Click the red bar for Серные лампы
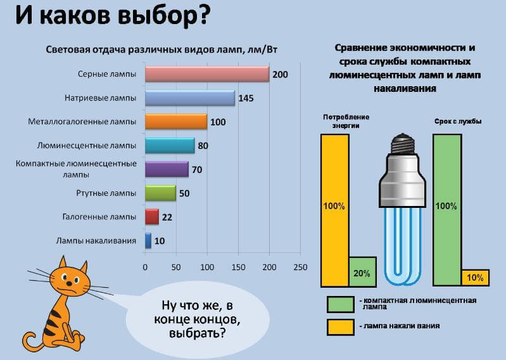point(206,74)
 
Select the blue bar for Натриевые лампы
point(189,98)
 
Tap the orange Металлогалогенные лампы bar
point(175,122)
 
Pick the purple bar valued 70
point(166,169)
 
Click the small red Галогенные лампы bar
point(151,217)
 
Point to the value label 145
point(247,99)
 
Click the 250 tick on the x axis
point(300,267)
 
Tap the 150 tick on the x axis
point(238,267)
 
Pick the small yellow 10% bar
point(475,277)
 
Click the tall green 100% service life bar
point(446,206)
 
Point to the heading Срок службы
point(458,120)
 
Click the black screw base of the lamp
point(403,144)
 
